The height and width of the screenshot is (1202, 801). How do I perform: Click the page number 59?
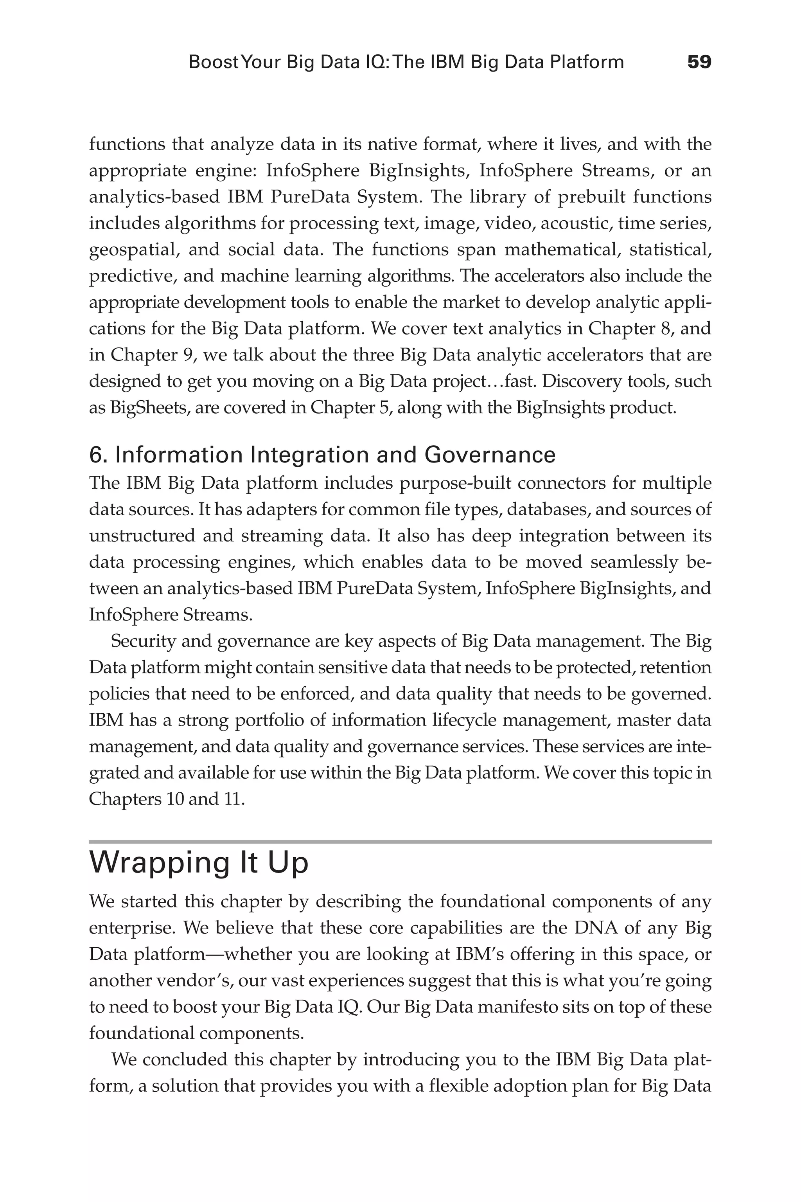click(699, 62)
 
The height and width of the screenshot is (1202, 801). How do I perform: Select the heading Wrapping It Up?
click(199, 863)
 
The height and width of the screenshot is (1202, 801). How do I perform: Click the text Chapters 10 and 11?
click(167, 799)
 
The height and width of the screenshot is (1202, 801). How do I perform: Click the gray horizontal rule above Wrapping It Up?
click(400, 842)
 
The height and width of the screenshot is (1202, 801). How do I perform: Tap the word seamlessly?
click(634, 561)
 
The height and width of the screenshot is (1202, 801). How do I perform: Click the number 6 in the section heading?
click(95, 455)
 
